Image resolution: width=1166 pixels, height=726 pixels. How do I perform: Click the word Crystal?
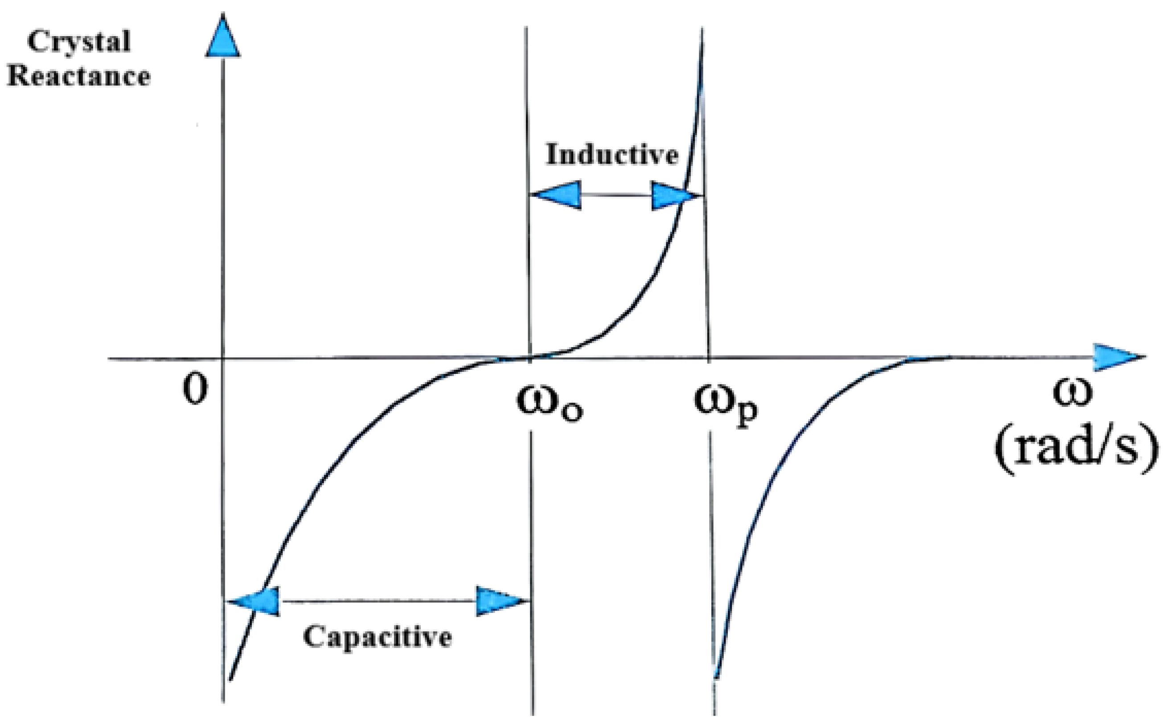79,42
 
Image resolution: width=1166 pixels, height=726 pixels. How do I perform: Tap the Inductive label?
612,155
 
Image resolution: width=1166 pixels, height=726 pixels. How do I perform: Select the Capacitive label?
378,637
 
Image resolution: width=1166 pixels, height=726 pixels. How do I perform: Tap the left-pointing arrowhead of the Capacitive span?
255,601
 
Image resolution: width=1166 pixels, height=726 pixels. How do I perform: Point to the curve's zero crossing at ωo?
530,357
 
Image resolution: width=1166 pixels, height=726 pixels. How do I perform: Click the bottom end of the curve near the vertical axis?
231,679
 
